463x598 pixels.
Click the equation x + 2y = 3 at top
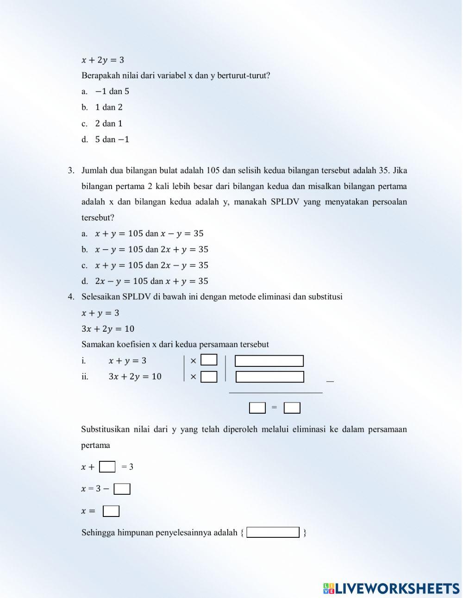click(x=103, y=60)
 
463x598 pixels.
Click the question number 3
click(x=71, y=170)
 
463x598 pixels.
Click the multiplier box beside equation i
click(x=209, y=360)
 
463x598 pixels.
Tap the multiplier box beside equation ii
click(x=209, y=377)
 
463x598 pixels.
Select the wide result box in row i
click(x=269, y=361)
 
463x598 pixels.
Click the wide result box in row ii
click(x=269, y=377)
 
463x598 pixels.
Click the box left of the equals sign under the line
click(x=257, y=408)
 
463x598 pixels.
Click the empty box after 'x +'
click(x=107, y=466)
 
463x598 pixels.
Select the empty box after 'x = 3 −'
click(x=122, y=489)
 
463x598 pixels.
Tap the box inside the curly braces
click(x=273, y=532)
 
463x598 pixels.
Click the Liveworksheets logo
click(x=391, y=588)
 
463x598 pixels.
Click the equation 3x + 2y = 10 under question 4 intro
click(x=108, y=329)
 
